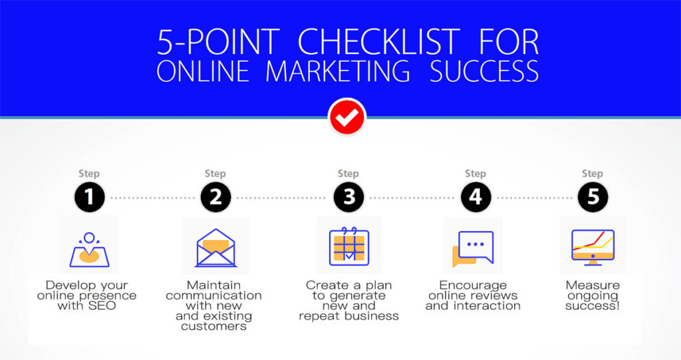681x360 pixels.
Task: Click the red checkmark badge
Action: (347, 117)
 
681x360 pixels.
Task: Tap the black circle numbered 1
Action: (90, 197)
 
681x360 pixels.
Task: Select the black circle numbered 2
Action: (216, 197)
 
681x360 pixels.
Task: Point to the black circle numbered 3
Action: (348, 197)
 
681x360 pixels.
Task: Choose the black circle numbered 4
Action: (476, 197)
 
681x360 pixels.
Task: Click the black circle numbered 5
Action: (593, 197)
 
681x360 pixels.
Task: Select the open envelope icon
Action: (216, 248)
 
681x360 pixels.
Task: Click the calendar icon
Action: (348, 246)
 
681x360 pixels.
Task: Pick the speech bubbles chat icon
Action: (473, 248)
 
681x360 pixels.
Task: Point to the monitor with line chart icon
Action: (593, 247)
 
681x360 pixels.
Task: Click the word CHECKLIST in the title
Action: (378, 42)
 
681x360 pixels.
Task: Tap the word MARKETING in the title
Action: (337, 71)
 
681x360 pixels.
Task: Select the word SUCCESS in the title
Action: (484, 71)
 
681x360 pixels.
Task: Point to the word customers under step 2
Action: (213, 327)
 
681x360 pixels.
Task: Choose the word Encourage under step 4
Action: (473, 285)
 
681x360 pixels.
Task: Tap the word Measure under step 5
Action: (593, 285)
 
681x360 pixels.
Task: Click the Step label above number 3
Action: (348, 174)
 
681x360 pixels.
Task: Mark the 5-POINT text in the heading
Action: (218, 42)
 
